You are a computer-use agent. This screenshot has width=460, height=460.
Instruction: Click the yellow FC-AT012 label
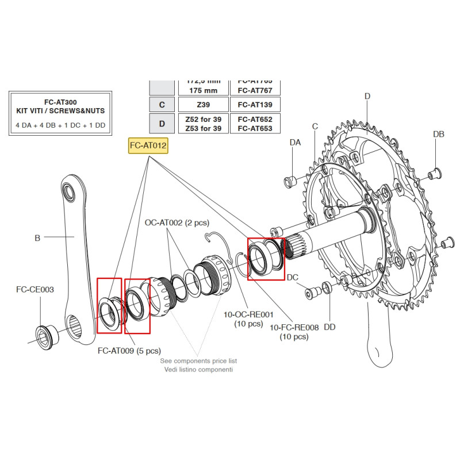click(148, 146)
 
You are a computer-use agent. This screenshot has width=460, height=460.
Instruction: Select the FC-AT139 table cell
click(255, 105)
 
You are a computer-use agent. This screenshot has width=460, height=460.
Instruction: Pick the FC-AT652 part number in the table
click(255, 119)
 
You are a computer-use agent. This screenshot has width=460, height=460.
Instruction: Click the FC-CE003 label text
click(34, 289)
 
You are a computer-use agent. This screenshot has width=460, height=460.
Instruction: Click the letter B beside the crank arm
click(37, 237)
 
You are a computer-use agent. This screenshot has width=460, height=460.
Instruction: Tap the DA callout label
click(295, 142)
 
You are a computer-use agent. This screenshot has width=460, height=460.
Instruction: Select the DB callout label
click(438, 134)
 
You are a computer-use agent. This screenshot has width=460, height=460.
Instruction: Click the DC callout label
click(293, 277)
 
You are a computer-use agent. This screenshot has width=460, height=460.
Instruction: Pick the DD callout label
click(329, 327)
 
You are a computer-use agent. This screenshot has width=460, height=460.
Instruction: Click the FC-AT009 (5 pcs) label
click(129, 350)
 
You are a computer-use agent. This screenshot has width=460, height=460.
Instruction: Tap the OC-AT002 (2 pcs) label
click(177, 223)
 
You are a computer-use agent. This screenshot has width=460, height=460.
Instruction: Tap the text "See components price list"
click(198, 361)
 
